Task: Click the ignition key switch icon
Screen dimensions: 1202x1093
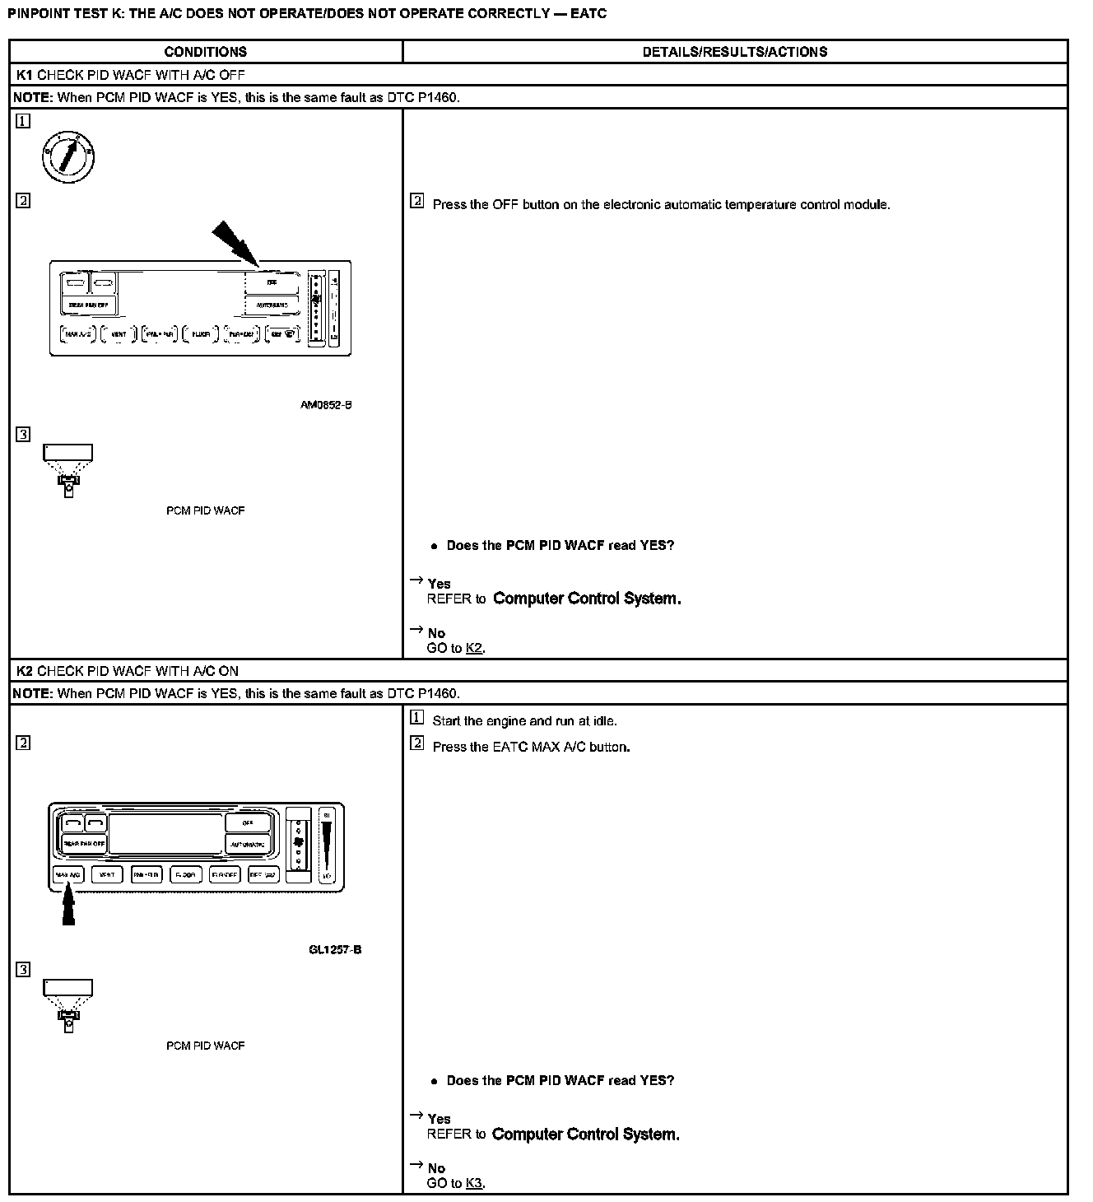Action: point(69,156)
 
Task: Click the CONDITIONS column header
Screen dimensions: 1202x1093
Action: point(205,52)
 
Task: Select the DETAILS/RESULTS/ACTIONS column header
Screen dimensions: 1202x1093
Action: point(734,52)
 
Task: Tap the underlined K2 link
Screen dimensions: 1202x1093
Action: point(474,648)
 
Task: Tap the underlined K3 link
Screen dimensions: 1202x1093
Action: point(474,1183)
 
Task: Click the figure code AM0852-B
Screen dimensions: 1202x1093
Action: point(326,405)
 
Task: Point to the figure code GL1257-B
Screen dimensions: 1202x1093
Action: point(335,949)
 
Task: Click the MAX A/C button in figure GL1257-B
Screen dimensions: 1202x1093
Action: point(68,874)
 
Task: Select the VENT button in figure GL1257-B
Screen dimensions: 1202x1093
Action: point(107,874)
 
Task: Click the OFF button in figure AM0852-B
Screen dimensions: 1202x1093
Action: point(272,282)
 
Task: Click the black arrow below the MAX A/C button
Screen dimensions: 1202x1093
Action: point(69,906)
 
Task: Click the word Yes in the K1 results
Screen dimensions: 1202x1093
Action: point(439,584)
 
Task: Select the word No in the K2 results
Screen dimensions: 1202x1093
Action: point(436,1168)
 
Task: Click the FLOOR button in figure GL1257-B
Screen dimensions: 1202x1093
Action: point(185,874)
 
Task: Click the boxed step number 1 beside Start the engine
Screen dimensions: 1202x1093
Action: point(417,718)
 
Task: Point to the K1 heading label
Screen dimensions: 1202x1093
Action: point(25,75)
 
